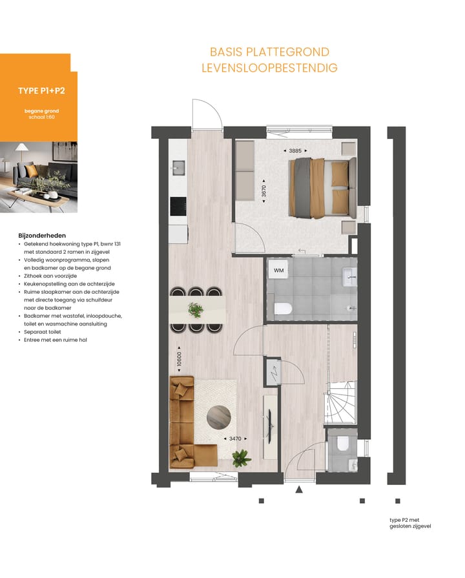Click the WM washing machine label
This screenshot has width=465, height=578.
click(279, 270)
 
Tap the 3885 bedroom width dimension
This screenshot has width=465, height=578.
click(295, 150)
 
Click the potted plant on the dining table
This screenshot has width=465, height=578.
click(194, 310)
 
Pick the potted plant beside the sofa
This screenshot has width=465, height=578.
click(241, 459)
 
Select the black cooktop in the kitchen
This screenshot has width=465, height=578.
click(178, 206)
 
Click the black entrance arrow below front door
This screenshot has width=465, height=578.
click(298, 491)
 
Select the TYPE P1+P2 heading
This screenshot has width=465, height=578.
click(41, 91)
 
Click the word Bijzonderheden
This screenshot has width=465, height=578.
click(43, 236)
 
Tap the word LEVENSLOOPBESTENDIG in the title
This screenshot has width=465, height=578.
click(269, 68)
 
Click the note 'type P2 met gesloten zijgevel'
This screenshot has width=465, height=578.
click(410, 522)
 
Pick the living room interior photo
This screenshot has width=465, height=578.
click(39, 177)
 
